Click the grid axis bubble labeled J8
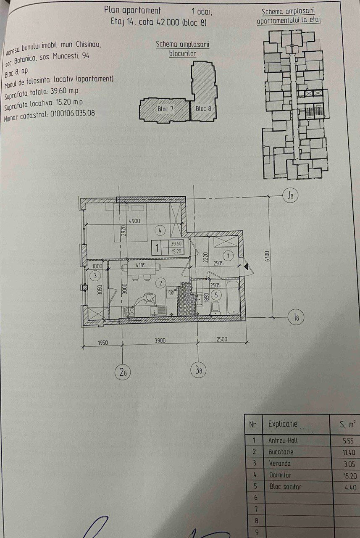[x=290, y=196]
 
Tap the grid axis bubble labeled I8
[x=296, y=317]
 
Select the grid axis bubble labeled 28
[x=123, y=372]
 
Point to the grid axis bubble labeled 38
[x=198, y=370]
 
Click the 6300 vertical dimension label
[x=268, y=256]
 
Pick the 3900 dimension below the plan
[x=160, y=340]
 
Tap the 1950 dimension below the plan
[x=103, y=343]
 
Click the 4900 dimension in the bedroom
[x=134, y=221]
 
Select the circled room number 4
[x=160, y=231]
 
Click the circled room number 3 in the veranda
[x=95, y=276]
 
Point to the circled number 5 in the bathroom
[x=216, y=295]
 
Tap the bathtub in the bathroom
[x=232, y=297]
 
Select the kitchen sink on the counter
[x=158, y=311]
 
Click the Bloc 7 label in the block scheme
[x=166, y=109]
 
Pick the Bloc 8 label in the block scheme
[x=203, y=108]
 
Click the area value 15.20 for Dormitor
[x=350, y=476]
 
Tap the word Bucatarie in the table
[x=281, y=452]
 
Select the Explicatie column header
[x=283, y=424]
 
